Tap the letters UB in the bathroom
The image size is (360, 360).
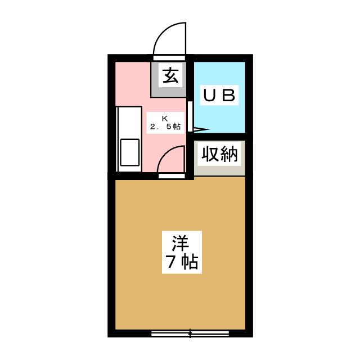coord(219,95)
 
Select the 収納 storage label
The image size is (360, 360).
coord(220,154)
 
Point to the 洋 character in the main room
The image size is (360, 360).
coord(181,243)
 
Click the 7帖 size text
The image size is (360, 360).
coord(181,262)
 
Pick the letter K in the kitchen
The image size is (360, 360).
coord(165,118)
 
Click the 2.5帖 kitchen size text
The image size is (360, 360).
coord(165,127)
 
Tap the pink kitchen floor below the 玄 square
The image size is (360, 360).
coord(169,107)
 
